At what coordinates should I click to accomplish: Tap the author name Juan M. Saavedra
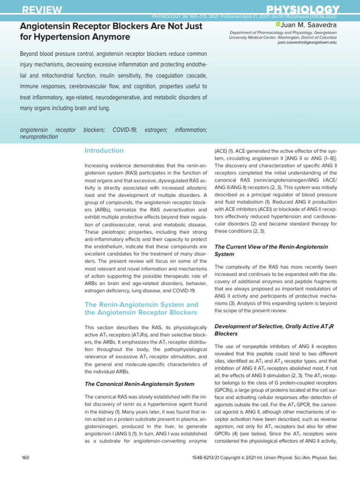click(x=309, y=24)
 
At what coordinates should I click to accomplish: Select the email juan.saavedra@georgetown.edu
click(x=307, y=42)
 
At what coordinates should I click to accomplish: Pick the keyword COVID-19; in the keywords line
click(x=125, y=129)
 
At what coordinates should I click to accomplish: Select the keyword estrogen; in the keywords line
click(x=156, y=129)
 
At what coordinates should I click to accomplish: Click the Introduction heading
click(x=104, y=150)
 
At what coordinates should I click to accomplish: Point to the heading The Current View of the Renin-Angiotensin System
click(x=271, y=250)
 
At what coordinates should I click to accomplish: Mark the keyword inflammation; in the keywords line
click(x=191, y=129)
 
